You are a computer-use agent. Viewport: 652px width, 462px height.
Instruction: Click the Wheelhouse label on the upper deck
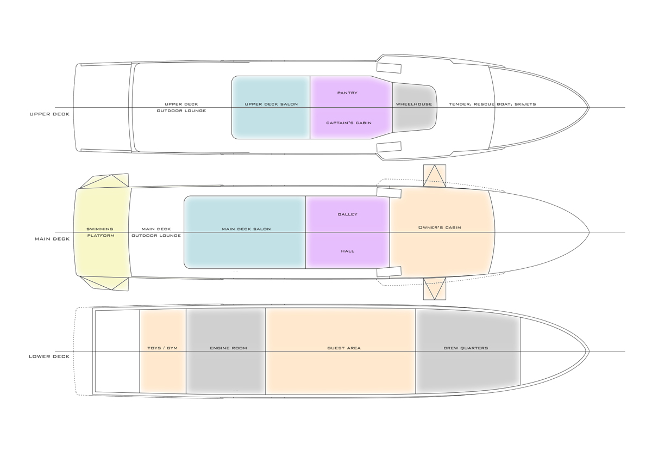pyautogui.click(x=414, y=104)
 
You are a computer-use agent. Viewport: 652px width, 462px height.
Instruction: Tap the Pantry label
pyautogui.click(x=347, y=93)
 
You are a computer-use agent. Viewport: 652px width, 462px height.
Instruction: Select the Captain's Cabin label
pyautogui.click(x=349, y=123)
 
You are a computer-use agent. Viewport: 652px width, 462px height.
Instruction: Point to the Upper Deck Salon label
pyautogui.click(x=271, y=104)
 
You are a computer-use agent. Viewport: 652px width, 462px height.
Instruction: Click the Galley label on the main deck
pyautogui.click(x=348, y=214)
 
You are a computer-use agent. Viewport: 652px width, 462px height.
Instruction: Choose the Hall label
pyautogui.click(x=348, y=251)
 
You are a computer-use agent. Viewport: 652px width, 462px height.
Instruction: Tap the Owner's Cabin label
pyautogui.click(x=440, y=227)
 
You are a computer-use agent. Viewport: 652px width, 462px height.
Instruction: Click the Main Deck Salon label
pyautogui.click(x=246, y=229)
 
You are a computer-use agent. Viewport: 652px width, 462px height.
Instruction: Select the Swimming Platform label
pyautogui.click(x=101, y=232)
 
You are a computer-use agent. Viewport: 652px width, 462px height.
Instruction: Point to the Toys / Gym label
pyautogui.click(x=162, y=348)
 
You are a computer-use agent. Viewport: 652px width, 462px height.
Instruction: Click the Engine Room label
pyautogui.click(x=228, y=348)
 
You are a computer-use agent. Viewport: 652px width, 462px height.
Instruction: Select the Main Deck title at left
pyautogui.click(x=52, y=239)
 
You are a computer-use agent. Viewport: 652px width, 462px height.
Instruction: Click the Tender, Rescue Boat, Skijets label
pyautogui.click(x=492, y=104)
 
